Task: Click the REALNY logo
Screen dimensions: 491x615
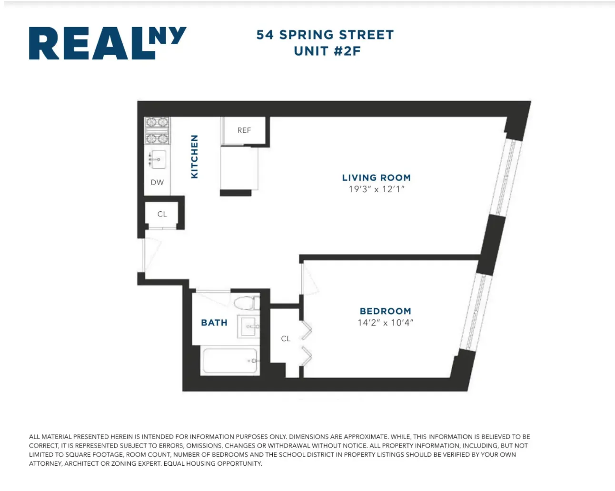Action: coord(107,43)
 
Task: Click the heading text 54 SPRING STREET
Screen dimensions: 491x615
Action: coord(325,35)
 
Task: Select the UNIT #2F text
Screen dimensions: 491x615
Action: coord(327,51)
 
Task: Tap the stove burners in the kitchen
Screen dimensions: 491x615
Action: coord(157,130)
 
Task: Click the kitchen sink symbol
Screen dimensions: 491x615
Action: coord(158,159)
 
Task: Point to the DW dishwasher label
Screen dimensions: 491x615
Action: coord(157,182)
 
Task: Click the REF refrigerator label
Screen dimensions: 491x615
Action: coord(244,130)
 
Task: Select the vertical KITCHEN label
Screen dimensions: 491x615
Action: coord(194,157)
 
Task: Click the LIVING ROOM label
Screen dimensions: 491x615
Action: coord(376,177)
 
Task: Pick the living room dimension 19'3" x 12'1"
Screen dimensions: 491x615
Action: coord(376,189)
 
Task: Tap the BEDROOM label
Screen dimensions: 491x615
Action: coord(385,311)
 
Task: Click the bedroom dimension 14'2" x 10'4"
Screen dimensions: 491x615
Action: coord(385,323)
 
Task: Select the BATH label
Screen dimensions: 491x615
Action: coord(214,323)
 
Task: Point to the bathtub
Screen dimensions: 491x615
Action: coord(230,361)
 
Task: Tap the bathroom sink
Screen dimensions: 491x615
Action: coord(248,326)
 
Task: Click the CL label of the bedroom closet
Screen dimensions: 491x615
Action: coord(286,339)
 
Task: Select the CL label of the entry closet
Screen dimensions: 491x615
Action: coord(162,214)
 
